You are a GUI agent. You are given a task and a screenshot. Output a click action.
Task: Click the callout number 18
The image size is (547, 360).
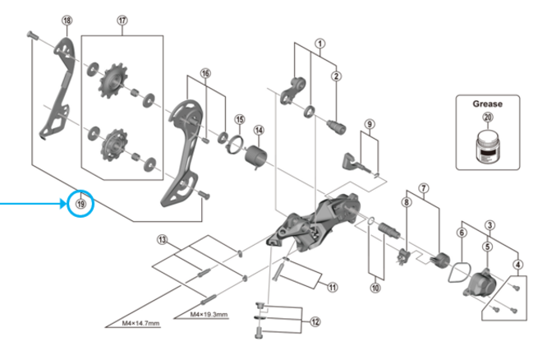point(67,20)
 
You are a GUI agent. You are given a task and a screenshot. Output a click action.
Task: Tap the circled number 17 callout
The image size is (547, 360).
point(122,20)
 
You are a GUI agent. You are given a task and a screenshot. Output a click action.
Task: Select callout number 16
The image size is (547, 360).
point(205,72)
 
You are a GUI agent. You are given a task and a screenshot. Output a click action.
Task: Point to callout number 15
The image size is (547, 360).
point(239,119)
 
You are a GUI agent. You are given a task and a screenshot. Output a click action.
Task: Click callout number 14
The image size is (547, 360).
point(259,129)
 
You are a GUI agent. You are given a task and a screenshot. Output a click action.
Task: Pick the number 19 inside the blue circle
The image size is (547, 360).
point(80,202)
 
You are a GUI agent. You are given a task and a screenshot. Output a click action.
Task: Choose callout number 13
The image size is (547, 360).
point(163,239)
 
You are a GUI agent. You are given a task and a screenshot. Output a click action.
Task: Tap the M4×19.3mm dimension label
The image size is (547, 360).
point(209,315)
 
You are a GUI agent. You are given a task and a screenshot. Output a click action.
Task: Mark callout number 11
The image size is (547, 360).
point(331,287)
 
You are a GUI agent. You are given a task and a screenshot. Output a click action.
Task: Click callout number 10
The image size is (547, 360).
point(375,288)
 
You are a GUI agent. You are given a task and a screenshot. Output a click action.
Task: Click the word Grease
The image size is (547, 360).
point(487,104)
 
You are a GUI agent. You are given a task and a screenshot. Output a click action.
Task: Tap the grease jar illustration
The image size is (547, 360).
point(488,149)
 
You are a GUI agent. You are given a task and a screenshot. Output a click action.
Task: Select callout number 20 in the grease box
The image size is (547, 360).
point(488,118)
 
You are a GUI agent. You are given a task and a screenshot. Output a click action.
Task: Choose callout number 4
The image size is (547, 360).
point(517,264)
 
